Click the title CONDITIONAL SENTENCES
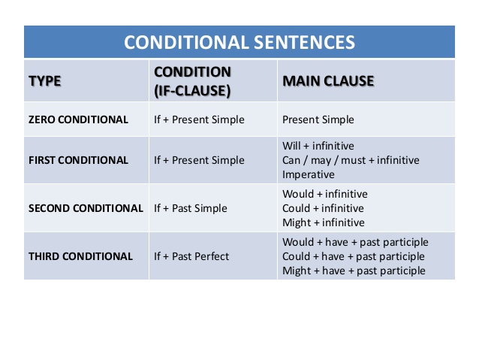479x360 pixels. [239, 42]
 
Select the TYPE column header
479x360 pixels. [45, 81]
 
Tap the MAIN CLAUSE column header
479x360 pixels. [328, 81]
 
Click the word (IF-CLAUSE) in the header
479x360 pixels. [192, 91]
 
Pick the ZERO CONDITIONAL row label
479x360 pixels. [78, 119]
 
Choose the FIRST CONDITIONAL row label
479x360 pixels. [78, 160]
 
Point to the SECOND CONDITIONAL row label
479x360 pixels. [86, 208]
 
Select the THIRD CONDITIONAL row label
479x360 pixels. [80, 256]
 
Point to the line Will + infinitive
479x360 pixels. [318, 146]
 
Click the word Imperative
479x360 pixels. [309, 174]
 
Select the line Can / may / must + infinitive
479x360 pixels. [351, 160]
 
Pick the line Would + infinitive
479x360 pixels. [325, 194]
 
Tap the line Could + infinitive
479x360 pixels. [323, 208]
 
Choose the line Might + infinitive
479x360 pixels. [323, 222]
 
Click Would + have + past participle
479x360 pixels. [355, 242]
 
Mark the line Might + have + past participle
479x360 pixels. [354, 271]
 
